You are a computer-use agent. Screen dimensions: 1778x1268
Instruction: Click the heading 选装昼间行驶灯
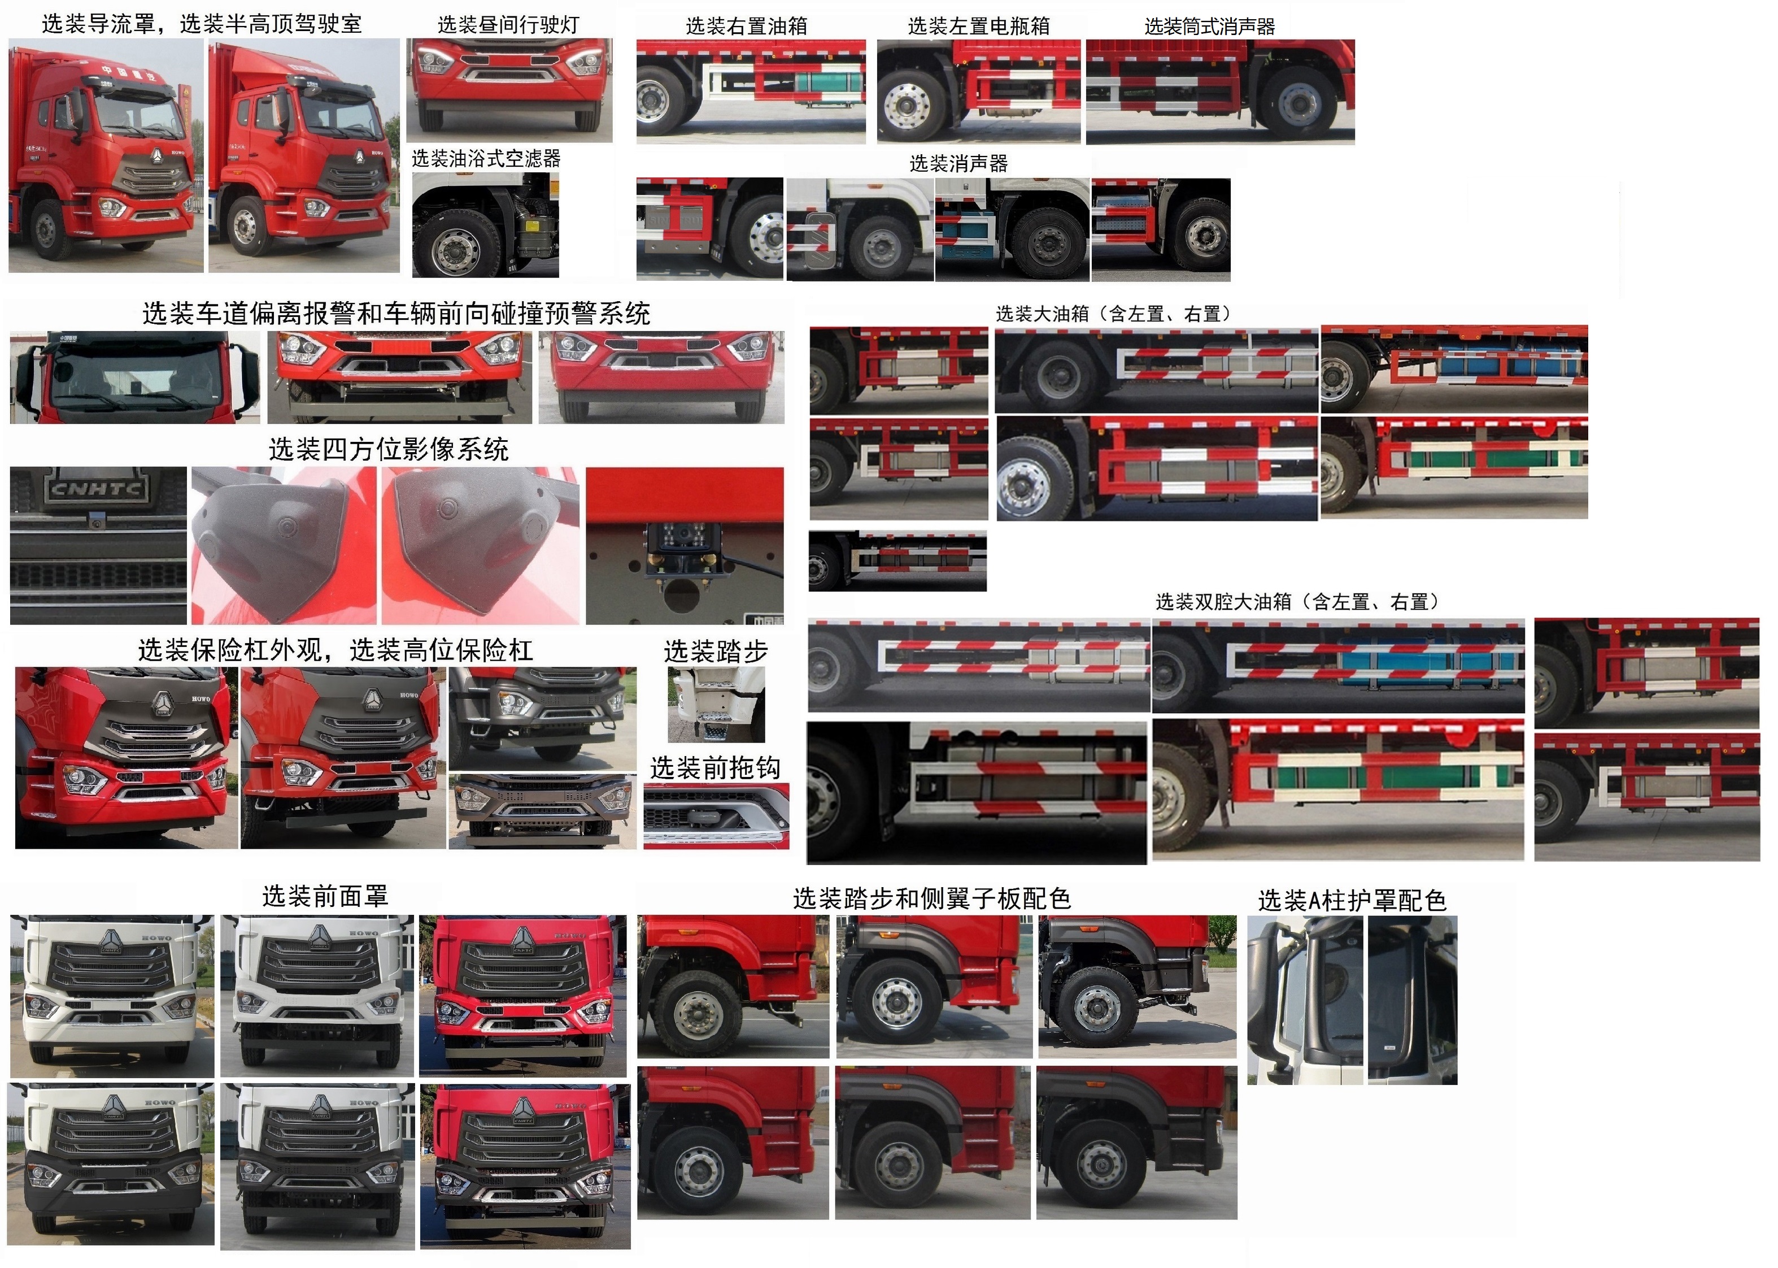[x=508, y=25]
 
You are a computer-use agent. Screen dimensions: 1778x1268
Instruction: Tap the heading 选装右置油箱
[x=746, y=27]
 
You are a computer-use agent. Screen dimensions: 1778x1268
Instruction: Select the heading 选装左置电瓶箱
[x=979, y=27]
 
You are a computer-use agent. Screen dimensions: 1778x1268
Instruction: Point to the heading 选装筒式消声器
[x=1210, y=27]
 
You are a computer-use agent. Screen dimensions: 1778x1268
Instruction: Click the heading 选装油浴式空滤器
[x=486, y=158]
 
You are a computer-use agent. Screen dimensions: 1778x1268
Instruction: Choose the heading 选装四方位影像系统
[x=389, y=449]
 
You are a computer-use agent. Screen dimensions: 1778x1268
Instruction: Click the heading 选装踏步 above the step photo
[x=716, y=651]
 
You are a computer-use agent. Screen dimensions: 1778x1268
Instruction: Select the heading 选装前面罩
[x=325, y=896]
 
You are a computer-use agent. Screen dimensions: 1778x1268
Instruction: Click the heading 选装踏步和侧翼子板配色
[x=932, y=898]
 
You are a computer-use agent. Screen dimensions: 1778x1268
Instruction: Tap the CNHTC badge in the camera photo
[x=97, y=489]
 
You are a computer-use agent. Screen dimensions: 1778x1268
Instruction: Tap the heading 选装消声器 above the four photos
[x=958, y=164]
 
